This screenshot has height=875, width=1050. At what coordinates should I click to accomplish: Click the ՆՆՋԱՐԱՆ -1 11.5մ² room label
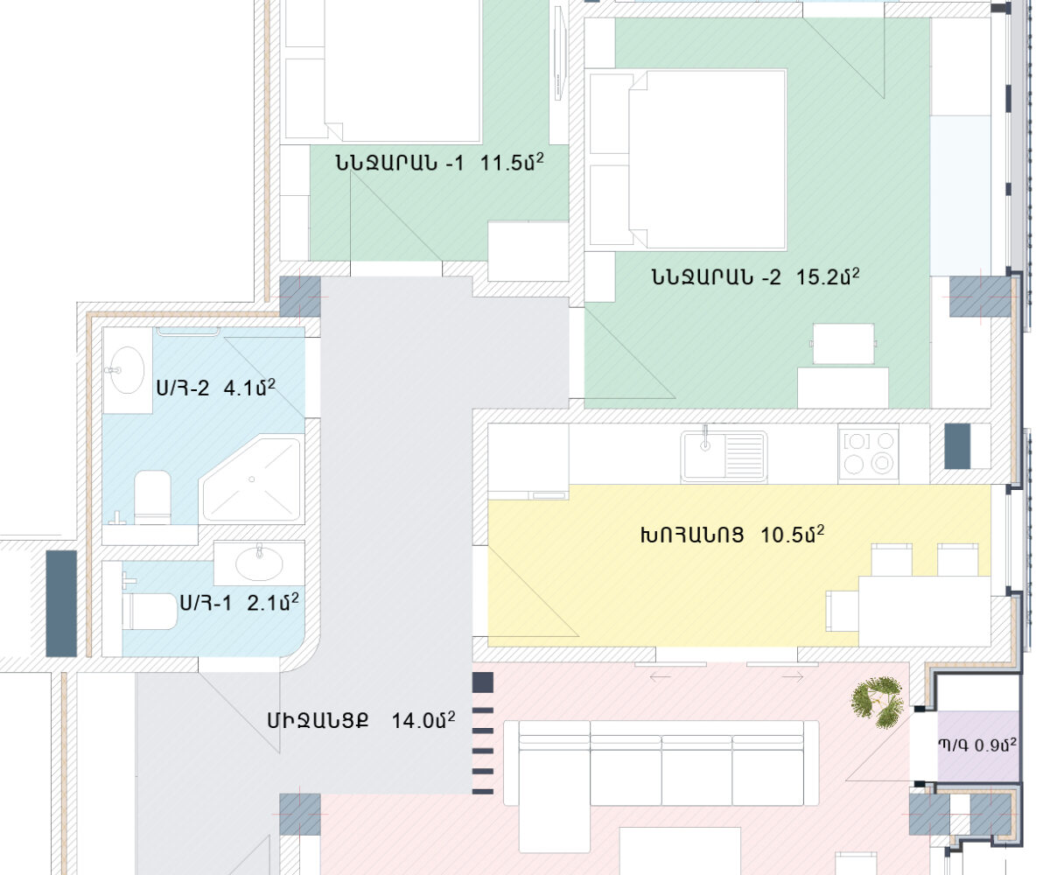[x=440, y=163]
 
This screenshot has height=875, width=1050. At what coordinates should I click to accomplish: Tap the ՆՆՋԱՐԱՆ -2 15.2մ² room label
[x=755, y=276]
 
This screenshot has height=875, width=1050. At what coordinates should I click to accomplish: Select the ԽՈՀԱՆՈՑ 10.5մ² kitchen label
[x=732, y=535]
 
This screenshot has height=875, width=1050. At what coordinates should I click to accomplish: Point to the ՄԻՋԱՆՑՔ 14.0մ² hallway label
[x=361, y=720]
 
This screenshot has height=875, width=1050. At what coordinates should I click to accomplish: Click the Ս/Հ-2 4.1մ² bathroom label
[x=216, y=388]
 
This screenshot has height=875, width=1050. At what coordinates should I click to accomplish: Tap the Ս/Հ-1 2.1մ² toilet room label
[x=240, y=603]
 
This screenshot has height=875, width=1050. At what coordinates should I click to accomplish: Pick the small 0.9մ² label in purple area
[x=977, y=745]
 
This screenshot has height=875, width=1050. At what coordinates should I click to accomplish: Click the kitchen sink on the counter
[x=724, y=456]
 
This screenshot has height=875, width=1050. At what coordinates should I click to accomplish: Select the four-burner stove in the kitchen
[x=869, y=453]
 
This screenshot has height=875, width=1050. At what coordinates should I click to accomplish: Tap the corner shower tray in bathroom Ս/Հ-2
[x=251, y=479]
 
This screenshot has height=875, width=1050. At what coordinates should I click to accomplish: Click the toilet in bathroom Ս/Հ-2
[x=152, y=497]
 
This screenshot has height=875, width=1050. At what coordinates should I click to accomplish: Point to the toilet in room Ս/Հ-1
[x=150, y=611]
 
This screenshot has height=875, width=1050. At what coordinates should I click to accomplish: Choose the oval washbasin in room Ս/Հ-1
[x=259, y=563]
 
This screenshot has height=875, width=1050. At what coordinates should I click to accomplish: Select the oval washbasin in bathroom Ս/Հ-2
[x=127, y=369]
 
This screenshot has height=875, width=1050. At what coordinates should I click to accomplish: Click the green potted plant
[x=877, y=703]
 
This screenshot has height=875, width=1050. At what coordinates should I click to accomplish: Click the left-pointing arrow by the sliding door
[x=660, y=677]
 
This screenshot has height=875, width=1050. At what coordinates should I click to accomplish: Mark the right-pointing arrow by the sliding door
[x=793, y=677]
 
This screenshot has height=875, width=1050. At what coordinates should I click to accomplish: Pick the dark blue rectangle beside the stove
[x=957, y=446]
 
